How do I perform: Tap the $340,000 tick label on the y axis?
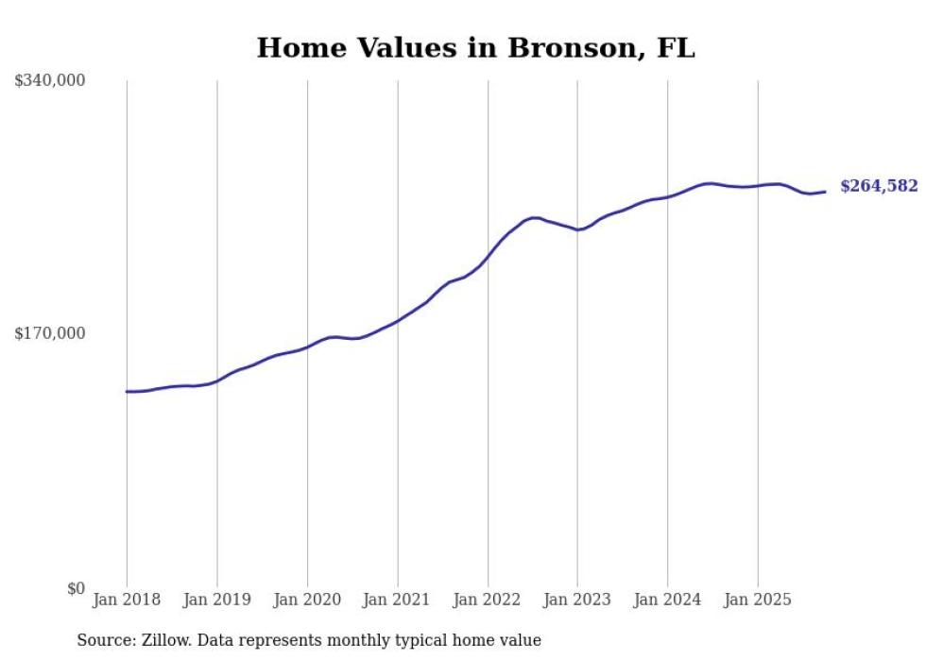coord(50,81)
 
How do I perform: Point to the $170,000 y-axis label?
coord(50,333)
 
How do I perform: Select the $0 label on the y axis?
coord(76,588)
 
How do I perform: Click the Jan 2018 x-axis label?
coord(127,600)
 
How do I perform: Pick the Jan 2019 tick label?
coord(216,600)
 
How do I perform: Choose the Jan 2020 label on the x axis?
coord(307,600)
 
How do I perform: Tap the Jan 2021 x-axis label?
coord(397,600)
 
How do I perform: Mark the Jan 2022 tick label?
coord(488,600)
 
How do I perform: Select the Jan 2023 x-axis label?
coord(577,600)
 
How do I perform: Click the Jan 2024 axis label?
coord(668,600)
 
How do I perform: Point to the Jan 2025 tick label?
coord(758,600)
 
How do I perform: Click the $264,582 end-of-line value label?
coord(879,186)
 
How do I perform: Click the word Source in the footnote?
coord(103,640)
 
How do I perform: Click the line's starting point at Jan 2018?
coord(128,391)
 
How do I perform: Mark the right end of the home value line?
coord(825,192)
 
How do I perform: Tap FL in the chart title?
coord(675,48)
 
